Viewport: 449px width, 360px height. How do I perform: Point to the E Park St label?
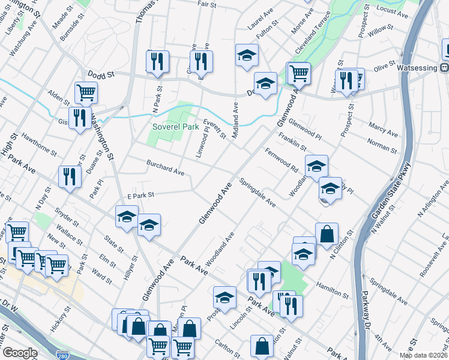[x=141, y=195]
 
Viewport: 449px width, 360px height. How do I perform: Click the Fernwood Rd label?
[x=282, y=159]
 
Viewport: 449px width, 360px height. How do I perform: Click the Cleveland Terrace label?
[x=312, y=36]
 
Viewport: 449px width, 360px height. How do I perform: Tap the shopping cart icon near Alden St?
[x=86, y=92]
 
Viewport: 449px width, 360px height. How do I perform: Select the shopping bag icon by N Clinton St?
[x=327, y=234]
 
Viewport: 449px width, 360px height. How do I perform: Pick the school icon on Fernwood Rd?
[x=316, y=166]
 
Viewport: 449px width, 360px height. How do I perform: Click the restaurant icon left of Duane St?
[x=70, y=176]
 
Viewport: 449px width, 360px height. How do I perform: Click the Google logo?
[x=20, y=353]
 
